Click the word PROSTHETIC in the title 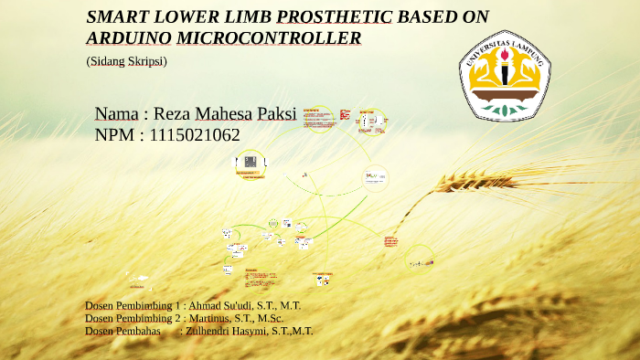(334, 16)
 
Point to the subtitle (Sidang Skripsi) (126, 60)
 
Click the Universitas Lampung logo (505, 76)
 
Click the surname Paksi (276, 114)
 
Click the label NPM (116, 135)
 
